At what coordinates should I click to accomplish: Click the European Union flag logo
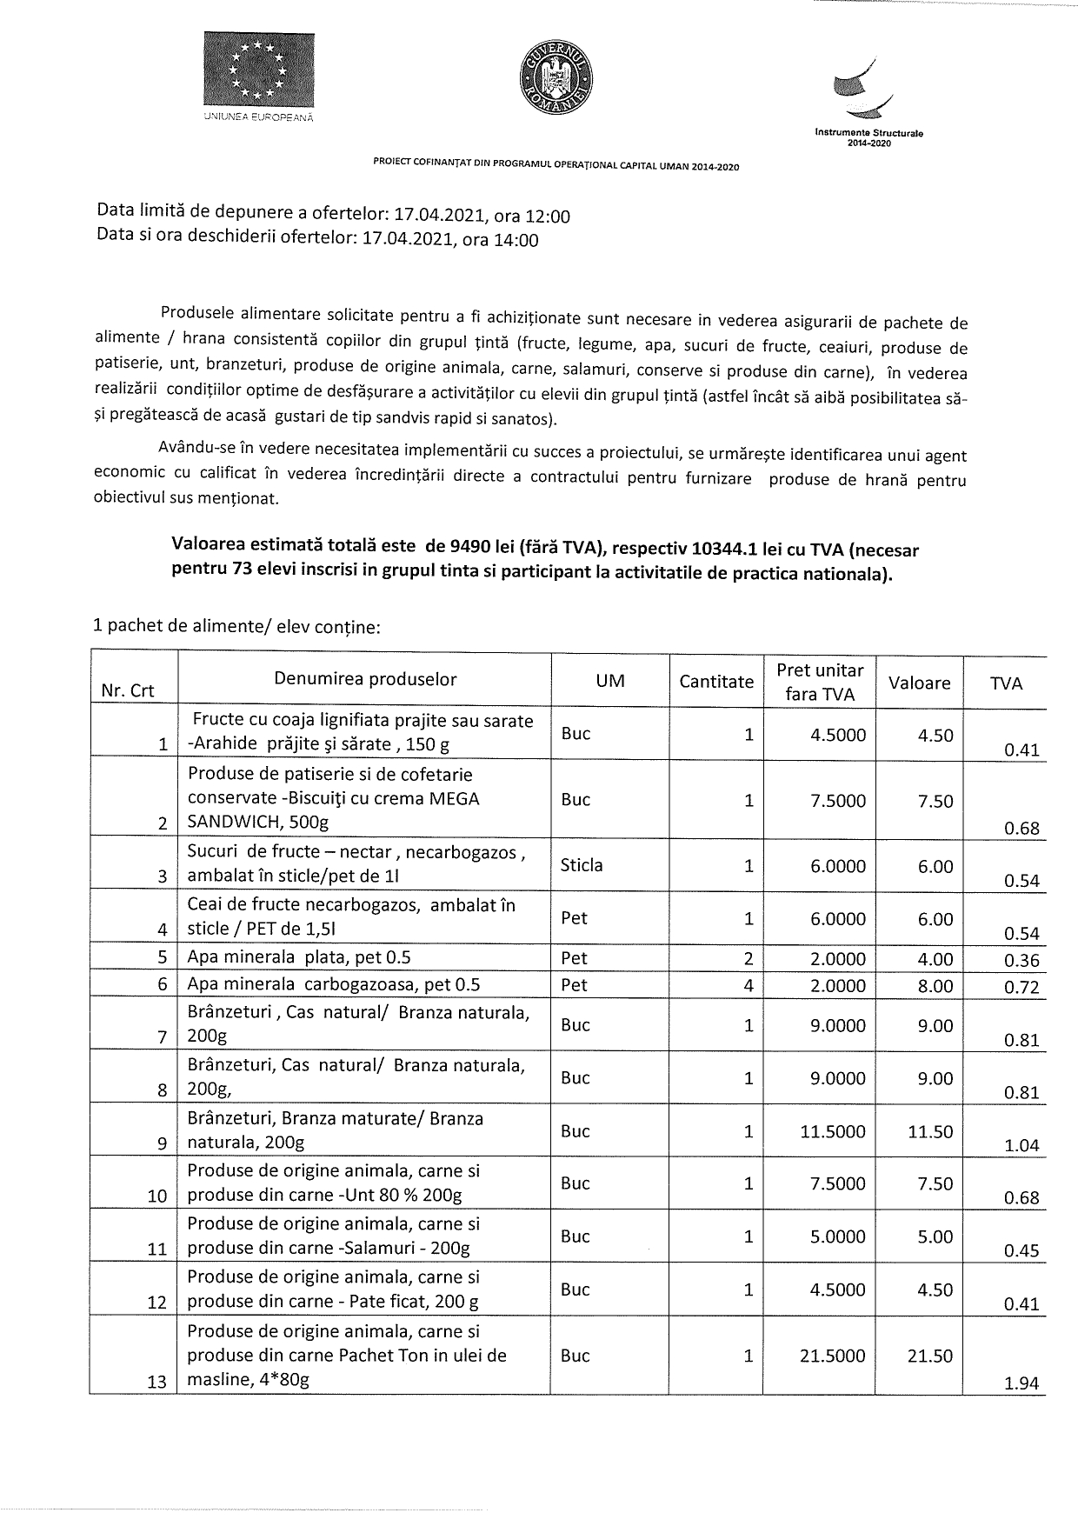coord(259,70)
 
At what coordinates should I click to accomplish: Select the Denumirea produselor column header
coord(365,680)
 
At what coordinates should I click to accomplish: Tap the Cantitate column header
coord(716,682)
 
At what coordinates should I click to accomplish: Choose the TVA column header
coord(1006,683)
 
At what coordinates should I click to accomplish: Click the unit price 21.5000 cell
coord(833,1356)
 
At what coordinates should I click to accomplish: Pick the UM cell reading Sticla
coord(582,865)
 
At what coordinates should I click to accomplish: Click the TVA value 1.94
coord(1021,1383)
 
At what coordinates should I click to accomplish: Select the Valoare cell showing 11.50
coord(930,1132)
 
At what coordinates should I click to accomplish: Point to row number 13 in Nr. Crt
coord(156,1382)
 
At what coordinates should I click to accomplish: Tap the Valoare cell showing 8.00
coord(935,986)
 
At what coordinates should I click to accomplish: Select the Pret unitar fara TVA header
coord(820,682)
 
